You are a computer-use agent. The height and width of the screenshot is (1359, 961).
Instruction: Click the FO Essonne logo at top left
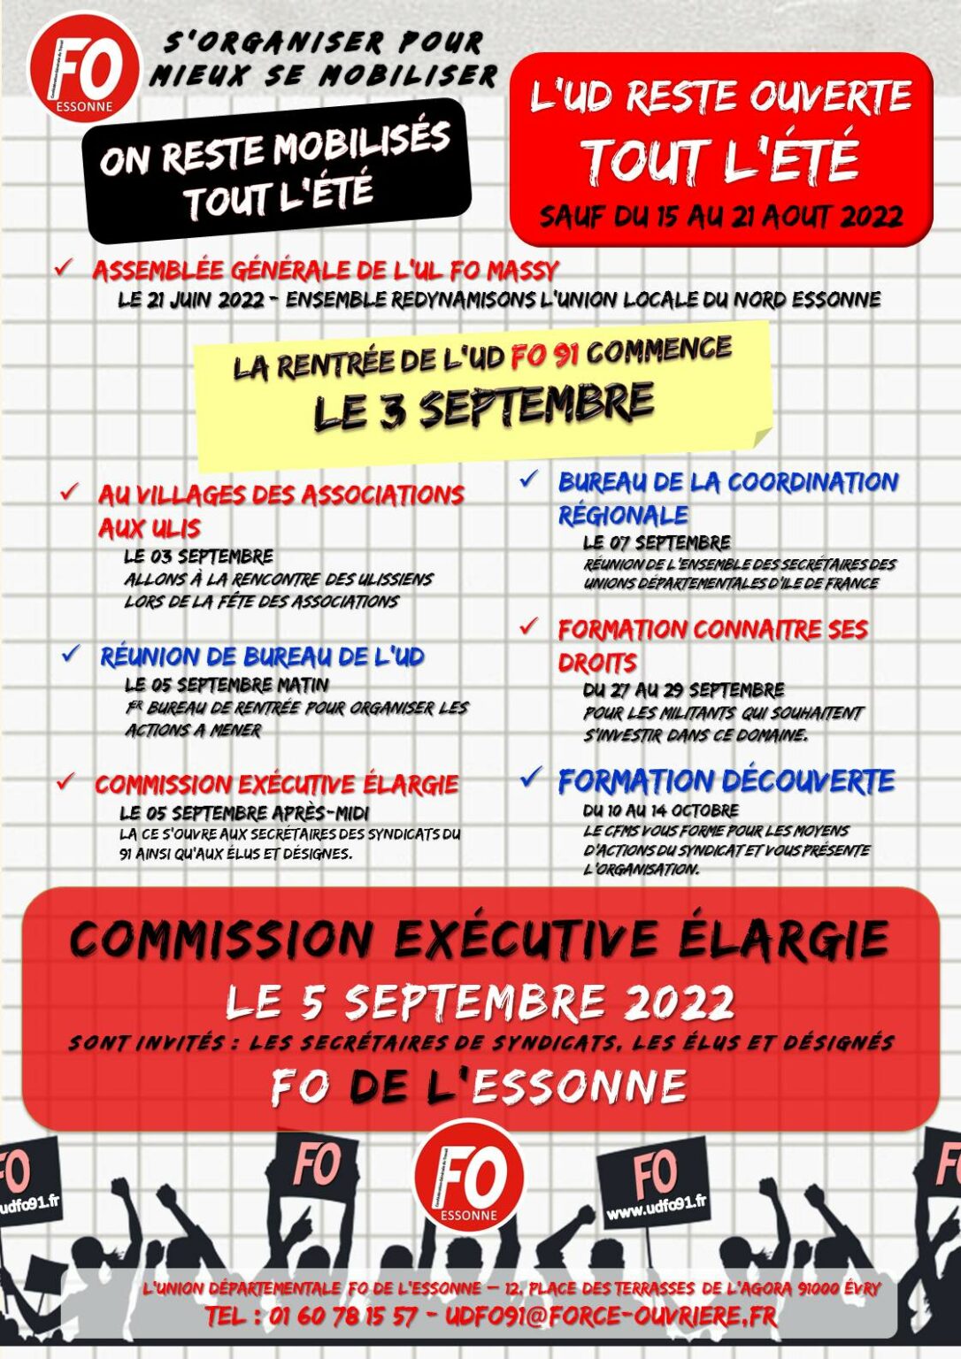(x=83, y=68)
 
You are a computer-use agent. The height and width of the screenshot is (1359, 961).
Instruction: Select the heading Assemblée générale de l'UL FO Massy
(x=326, y=270)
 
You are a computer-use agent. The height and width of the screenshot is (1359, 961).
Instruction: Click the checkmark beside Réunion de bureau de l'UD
(x=71, y=655)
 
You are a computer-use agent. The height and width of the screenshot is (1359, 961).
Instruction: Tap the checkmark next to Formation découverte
(x=529, y=779)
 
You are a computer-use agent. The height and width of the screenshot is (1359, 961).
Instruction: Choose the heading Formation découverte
(x=726, y=781)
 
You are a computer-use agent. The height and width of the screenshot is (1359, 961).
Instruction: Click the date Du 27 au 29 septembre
(x=683, y=690)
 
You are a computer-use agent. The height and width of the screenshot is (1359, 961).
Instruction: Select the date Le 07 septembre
(x=657, y=542)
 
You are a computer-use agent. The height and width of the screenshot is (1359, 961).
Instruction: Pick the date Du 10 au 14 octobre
(x=660, y=810)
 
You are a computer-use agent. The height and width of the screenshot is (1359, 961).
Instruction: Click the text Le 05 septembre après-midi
(x=244, y=812)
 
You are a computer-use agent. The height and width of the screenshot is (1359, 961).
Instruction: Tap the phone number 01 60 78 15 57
(x=343, y=1317)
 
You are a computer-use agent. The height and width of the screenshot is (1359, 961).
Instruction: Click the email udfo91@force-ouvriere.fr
(x=611, y=1317)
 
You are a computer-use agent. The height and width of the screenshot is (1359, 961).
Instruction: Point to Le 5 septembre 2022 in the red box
(x=480, y=1002)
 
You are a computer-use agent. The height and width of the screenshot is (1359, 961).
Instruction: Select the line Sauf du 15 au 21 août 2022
(x=721, y=216)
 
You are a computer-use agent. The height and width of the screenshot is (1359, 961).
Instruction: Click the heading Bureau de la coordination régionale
(x=727, y=498)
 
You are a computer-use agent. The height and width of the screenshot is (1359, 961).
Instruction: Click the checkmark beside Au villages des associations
(x=69, y=493)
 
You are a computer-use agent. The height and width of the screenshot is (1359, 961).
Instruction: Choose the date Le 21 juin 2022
(x=190, y=300)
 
